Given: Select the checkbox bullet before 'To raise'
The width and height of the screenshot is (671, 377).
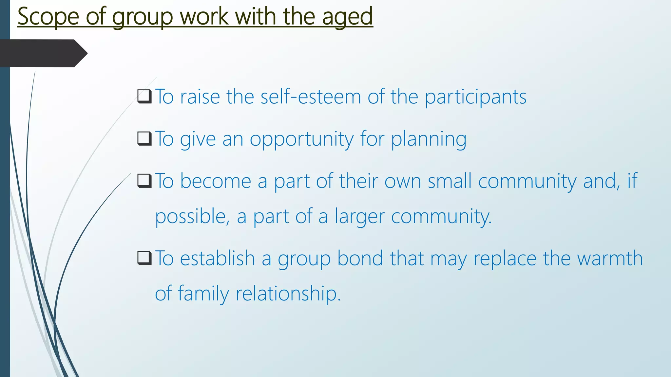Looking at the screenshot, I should pos(144,97).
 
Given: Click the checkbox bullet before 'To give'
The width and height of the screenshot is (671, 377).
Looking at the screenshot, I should pos(144,139).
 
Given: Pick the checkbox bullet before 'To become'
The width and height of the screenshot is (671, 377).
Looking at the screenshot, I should pos(144,181).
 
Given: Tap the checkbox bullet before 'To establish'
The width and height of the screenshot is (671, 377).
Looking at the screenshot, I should pos(144,258).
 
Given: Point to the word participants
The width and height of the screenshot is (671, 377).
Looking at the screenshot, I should pos(475,98).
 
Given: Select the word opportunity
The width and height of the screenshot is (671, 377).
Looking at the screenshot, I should pos(302,139).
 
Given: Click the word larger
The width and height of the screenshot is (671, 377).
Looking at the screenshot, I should pos(359,217).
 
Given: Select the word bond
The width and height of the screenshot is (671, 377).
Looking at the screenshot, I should pos(360,258).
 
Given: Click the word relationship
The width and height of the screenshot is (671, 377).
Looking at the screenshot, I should pos(288,294).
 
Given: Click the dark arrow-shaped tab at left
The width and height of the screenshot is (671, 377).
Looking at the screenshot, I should pos(43,53).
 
